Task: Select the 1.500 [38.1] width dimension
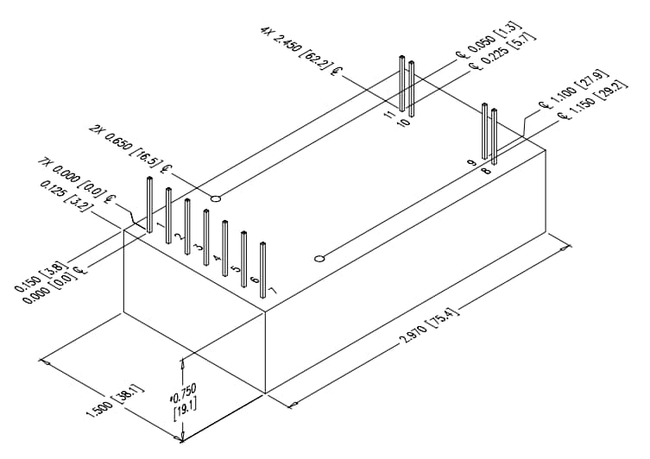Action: (x=115, y=399)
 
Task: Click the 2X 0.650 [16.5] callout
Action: (x=130, y=147)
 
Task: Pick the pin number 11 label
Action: (x=389, y=114)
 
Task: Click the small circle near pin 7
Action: (x=319, y=258)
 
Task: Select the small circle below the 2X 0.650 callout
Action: (x=216, y=198)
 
